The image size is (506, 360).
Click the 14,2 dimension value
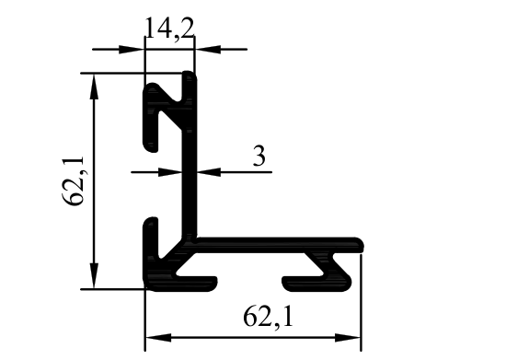click(170, 29)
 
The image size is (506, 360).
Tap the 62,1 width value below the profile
click(268, 317)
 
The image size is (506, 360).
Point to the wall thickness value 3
click(259, 156)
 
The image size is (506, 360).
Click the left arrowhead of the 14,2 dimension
click(132, 50)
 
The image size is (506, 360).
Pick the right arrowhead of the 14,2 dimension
click(208, 50)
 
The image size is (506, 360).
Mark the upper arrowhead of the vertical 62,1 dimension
click(94, 87)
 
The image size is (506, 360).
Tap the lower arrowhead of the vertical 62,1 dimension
click(94, 275)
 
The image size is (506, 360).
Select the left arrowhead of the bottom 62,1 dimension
click(158, 338)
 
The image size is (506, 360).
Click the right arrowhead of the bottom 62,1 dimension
click(348, 338)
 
